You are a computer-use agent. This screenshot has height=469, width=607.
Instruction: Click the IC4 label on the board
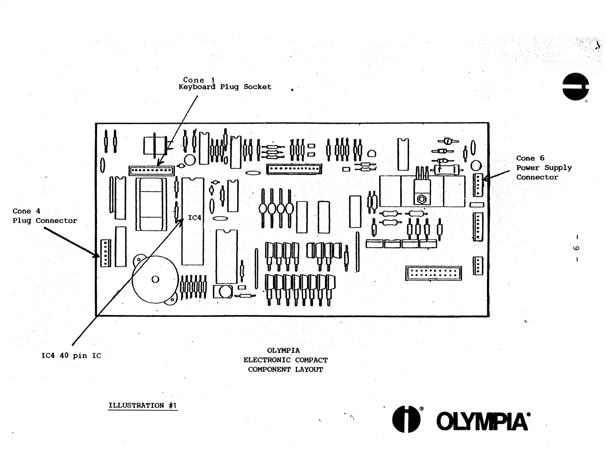click(x=195, y=218)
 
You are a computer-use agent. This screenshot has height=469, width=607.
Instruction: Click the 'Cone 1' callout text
click(x=199, y=80)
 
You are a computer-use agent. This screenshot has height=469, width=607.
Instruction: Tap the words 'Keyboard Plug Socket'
click(x=225, y=87)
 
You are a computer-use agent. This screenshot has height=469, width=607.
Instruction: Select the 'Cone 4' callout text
click(x=26, y=211)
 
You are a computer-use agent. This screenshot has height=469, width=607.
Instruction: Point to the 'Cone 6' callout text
click(x=530, y=158)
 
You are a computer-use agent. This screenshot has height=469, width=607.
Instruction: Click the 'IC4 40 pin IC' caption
click(x=71, y=356)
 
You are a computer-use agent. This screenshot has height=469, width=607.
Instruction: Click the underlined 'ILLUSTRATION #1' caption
click(x=142, y=405)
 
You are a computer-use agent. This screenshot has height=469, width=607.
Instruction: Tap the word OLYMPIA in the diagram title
click(x=283, y=351)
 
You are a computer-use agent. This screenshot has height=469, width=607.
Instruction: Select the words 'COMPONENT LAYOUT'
click(x=285, y=370)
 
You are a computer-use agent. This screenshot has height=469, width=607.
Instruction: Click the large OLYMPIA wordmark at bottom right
click(x=483, y=421)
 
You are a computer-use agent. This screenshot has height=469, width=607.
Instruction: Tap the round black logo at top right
click(x=575, y=87)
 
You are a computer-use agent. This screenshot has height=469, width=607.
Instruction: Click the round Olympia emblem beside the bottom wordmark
click(x=406, y=419)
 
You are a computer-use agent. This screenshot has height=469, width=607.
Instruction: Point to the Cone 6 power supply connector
click(x=478, y=185)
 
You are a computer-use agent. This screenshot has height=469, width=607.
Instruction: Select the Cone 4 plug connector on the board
click(x=106, y=253)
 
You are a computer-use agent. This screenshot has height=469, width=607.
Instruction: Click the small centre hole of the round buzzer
click(x=155, y=279)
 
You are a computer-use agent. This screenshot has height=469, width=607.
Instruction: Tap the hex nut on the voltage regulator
click(x=421, y=199)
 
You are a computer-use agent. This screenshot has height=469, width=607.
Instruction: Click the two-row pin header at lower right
click(x=433, y=273)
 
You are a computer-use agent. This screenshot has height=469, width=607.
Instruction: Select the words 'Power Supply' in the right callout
click(x=544, y=168)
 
